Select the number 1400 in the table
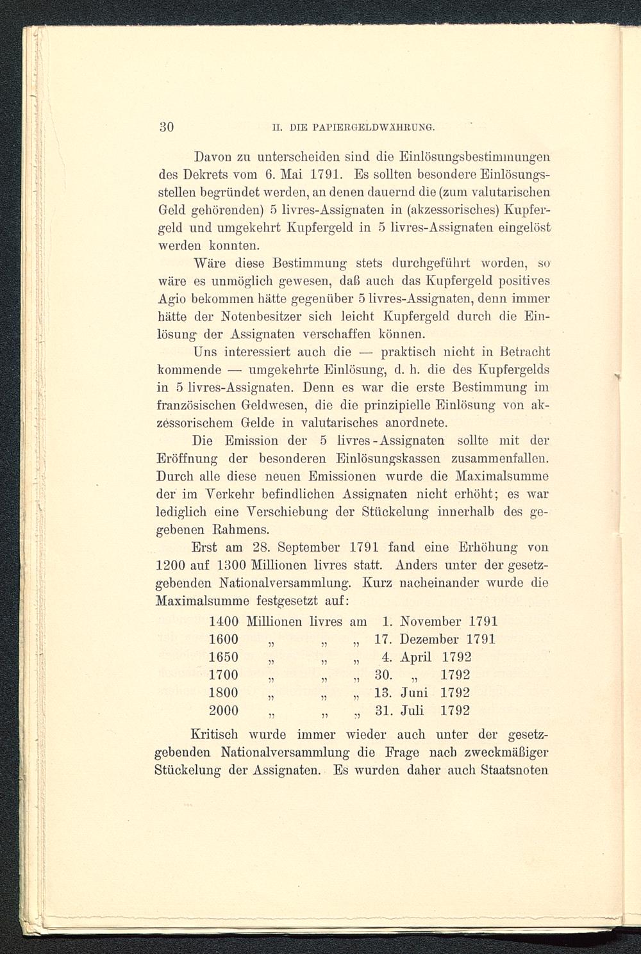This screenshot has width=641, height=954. pyautogui.click(x=224, y=621)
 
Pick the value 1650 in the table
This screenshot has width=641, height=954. pyautogui.click(x=224, y=657)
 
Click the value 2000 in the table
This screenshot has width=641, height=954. pyautogui.click(x=224, y=711)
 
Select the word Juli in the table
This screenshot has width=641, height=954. pyautogui.click(x=417, y=711)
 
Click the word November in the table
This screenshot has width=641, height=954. pyautogui.click(x=430, y=621)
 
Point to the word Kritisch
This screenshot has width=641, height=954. pyautogui.click(x=216, y=735)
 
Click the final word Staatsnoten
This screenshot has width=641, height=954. pyautogui.click(x=514, y=770)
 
